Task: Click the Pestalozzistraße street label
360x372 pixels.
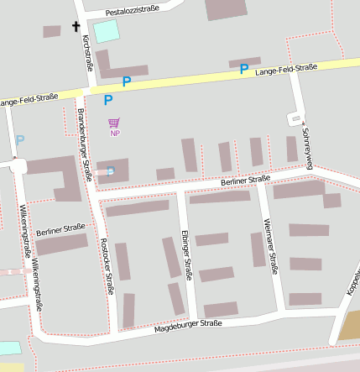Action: coord(133,11)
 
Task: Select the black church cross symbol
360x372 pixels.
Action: coord(76,26)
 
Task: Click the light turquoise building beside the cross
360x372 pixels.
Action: coord(106,32)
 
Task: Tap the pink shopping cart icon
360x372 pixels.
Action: coord(114,123)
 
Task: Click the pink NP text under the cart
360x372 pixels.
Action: coord(115,134)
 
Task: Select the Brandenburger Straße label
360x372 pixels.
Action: coord(85,144)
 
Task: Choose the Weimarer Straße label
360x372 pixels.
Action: coord(270,245)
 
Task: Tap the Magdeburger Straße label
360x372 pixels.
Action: coord(188,326)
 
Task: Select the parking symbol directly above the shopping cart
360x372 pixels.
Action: coord(108,100)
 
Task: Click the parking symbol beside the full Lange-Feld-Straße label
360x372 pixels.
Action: coord(243,69)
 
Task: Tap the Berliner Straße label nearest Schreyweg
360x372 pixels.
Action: coord(245,179)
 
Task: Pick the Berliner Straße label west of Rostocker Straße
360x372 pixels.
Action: coord(61,228)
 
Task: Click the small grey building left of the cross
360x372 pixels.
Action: coord(52,31)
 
